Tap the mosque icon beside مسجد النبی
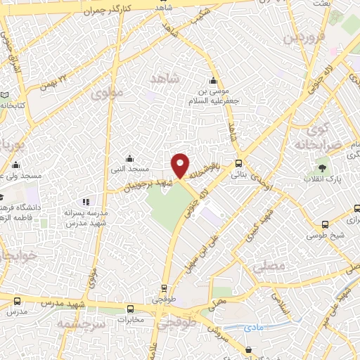129,158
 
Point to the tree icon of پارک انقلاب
322,169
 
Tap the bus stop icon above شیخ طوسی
323,225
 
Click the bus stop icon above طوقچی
164,288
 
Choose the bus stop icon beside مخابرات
130,309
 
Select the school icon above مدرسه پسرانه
86,202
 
